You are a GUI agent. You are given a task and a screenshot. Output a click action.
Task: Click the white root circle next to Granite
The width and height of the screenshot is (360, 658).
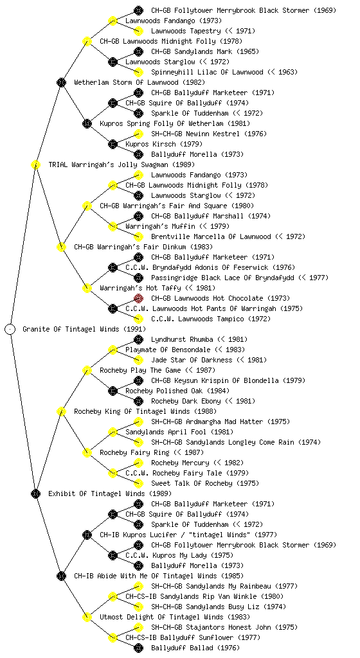(x=10, y=329)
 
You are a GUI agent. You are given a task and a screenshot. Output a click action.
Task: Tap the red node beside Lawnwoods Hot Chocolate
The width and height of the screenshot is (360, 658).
(x=138, y=298)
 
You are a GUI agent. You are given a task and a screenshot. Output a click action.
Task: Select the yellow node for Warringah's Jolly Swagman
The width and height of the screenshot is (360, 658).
(x=35, y=164)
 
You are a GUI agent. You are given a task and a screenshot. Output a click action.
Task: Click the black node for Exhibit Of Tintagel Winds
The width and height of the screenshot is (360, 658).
(x=35, y=493)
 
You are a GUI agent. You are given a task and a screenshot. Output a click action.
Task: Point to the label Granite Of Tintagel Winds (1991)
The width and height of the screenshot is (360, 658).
(x=84, y=329)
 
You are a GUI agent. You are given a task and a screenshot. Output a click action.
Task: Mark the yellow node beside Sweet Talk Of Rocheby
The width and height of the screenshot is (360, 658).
(x=138, y=483)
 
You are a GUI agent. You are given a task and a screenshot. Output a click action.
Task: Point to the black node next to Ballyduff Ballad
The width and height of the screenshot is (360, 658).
(x=138, y=648)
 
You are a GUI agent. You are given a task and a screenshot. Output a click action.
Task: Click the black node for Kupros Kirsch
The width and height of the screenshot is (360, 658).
(x=113, y=144)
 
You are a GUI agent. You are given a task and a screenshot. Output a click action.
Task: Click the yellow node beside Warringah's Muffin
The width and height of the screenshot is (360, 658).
(x=113, y=226)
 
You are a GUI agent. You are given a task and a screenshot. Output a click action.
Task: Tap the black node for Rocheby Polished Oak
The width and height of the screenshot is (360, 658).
(x=113, y=391)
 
